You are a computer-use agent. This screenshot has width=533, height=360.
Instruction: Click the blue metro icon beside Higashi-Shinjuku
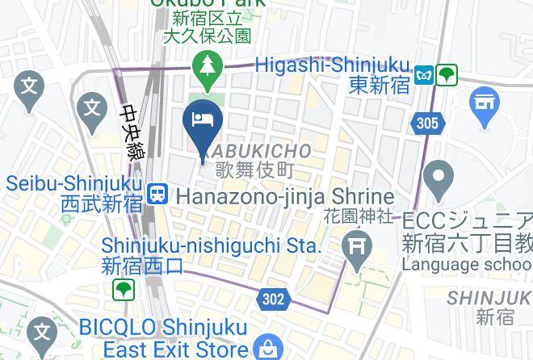tap(424, 74)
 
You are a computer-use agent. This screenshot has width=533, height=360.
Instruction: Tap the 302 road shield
tap(274, 299)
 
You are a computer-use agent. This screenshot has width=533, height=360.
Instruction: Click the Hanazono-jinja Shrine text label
tap(284, 196)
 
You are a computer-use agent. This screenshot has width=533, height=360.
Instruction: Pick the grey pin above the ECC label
tap(439, 179)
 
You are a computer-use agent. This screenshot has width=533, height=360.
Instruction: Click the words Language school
tap(467, 265)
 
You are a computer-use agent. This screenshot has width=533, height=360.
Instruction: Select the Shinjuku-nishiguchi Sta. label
tap(212, 245)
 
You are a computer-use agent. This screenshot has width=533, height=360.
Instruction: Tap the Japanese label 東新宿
tap(380, 86)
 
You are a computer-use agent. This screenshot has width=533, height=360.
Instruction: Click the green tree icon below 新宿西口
tap(123, 289)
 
